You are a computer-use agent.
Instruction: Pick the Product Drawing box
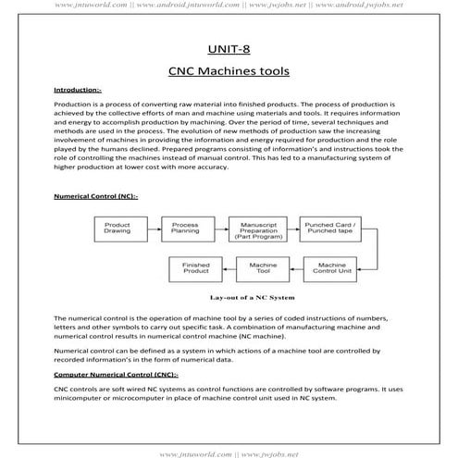(x=118, y=229)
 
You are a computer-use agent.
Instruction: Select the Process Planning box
(x=186, y=229)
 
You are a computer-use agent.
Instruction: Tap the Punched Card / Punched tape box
(x=335, y=229)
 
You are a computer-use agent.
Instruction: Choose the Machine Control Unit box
(x=336, y=269)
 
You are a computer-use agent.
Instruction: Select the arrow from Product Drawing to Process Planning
(x=151, y=229)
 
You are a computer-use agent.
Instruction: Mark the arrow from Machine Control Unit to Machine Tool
(x=301, y=269)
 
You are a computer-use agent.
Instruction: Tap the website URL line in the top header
(x=229, y=5)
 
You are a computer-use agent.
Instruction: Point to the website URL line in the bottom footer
(x=229, y=452)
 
